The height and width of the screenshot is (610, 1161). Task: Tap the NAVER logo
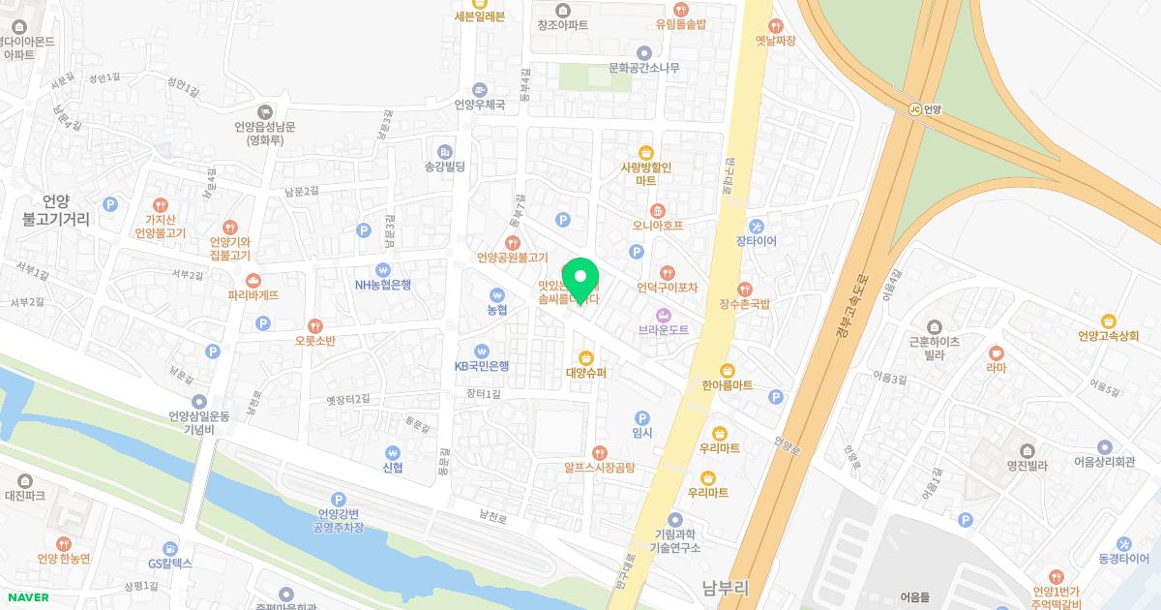coord(27,597)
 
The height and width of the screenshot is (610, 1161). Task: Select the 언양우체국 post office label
coord(480,105)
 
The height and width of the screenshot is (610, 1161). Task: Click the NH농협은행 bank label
coord(383,285)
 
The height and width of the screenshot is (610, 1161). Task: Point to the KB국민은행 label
coord(482,366)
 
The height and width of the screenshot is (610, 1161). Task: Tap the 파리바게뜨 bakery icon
coord(253,281)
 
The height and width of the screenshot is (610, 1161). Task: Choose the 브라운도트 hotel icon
coord(664,315)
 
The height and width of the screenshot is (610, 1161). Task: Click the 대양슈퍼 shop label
coord(585,373)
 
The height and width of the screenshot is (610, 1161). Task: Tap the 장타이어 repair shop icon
coord(770,226)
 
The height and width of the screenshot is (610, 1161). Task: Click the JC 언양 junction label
coord(926,109)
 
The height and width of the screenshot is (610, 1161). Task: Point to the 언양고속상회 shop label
coord(1108,336)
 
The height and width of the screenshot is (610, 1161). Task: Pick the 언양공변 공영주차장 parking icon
coord(338,499)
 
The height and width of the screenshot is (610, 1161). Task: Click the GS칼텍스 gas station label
coord(170,563)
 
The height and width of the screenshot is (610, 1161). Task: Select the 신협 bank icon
coord(392,452)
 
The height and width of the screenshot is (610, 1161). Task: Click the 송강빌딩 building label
coord(445,167)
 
